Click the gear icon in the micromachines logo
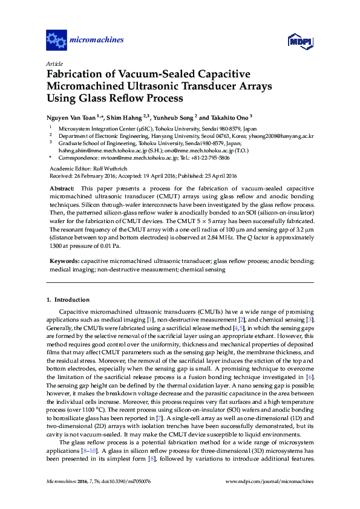(x=56, y=41)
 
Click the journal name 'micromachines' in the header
(x=97, y=41)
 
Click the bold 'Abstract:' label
(x=62, y=189)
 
